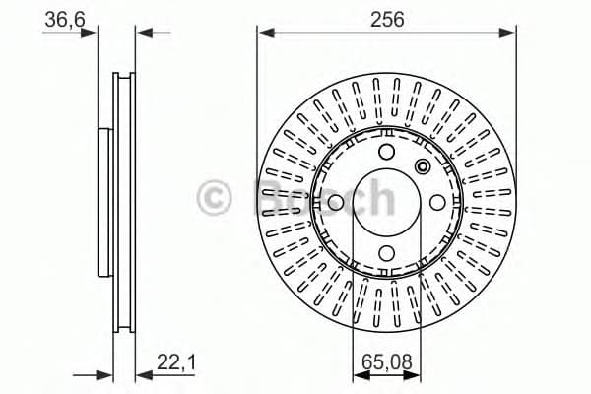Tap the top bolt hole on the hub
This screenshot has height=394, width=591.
(x=386, y=152)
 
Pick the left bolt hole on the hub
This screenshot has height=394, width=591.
(x=335, y=203)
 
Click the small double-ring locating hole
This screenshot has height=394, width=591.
(x=424, y=165)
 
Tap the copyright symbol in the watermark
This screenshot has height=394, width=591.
(x=220, y=198)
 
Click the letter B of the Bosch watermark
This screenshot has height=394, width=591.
(x=273, y=197)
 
